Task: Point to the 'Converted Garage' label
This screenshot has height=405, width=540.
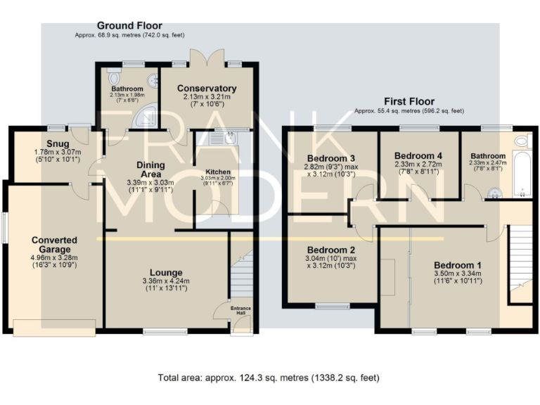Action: [54, 245]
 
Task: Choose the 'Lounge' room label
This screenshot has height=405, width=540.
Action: [166, 272]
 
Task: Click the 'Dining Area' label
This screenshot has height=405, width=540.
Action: [150, 169]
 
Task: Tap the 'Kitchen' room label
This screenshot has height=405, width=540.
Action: [217, 172]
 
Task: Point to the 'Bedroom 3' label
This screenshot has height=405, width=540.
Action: [330, 157]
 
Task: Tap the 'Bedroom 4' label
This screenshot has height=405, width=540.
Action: [418, 155]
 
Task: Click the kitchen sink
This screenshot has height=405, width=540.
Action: [229, 139]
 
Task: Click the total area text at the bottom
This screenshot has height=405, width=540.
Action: [269, 378]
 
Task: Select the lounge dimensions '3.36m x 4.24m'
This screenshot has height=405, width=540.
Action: [166, 281]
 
